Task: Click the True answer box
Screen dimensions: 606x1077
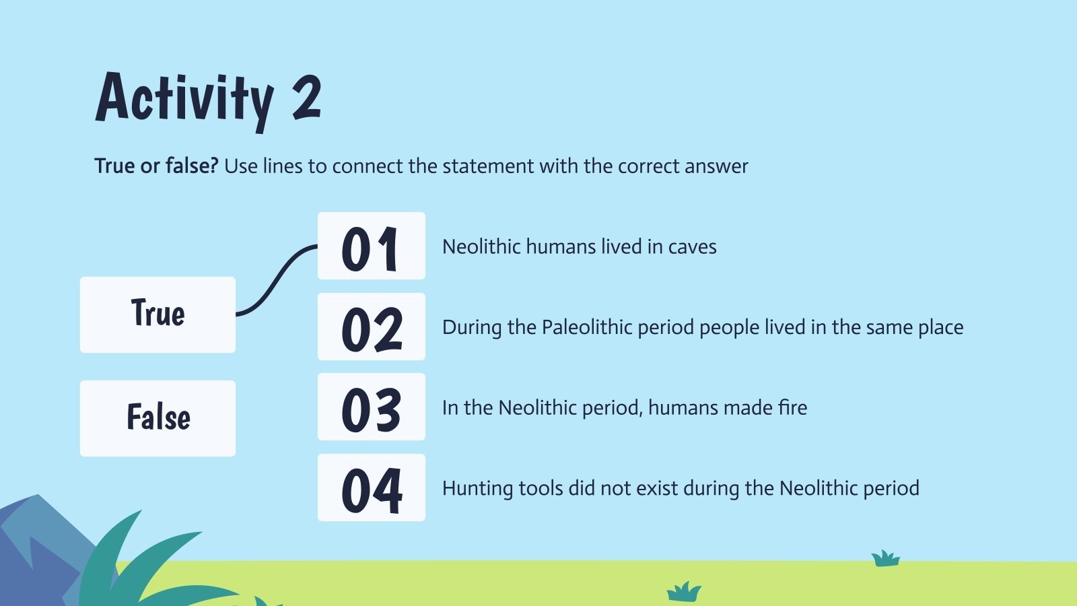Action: (158, 314)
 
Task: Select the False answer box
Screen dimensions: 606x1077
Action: (158, 418)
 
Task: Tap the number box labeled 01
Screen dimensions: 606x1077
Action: (371, 246)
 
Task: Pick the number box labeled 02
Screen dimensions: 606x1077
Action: (371, 327)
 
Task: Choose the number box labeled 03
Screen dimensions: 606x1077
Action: (371, 407)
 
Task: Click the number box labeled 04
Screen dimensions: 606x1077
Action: (371, 487)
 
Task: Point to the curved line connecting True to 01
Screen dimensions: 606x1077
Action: (276, 279)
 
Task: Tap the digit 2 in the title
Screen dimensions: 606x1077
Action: (307, 98)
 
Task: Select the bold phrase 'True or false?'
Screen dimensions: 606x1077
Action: (156, 166)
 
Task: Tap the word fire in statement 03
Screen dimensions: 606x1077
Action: (792, 407)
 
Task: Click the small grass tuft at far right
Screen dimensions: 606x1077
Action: (885, 559)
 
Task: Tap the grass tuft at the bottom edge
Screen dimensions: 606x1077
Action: (684, 592)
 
